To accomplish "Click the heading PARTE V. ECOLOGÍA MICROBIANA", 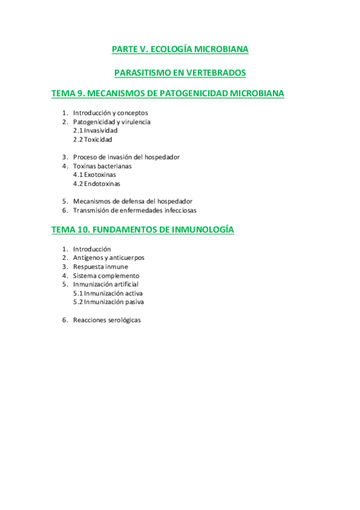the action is click(180, 49).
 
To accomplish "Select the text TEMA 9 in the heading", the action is click(69, 94).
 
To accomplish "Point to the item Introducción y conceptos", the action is click(110, 113).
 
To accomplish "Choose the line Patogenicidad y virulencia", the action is click(111, 121).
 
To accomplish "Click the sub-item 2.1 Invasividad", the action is click(95, 131).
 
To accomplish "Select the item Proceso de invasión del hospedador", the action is click(126, 157).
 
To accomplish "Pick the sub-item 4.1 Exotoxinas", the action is click(94, 175).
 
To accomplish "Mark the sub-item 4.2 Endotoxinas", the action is click(96, 184).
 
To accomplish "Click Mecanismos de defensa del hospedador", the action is click(133, 201).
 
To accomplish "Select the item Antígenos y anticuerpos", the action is click(108, 258).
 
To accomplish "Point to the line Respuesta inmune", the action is click(100, 266).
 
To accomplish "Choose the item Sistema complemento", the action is click(106, 275).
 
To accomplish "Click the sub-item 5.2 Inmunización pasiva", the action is click(108, 302).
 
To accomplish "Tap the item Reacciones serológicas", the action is click(106, 320).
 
